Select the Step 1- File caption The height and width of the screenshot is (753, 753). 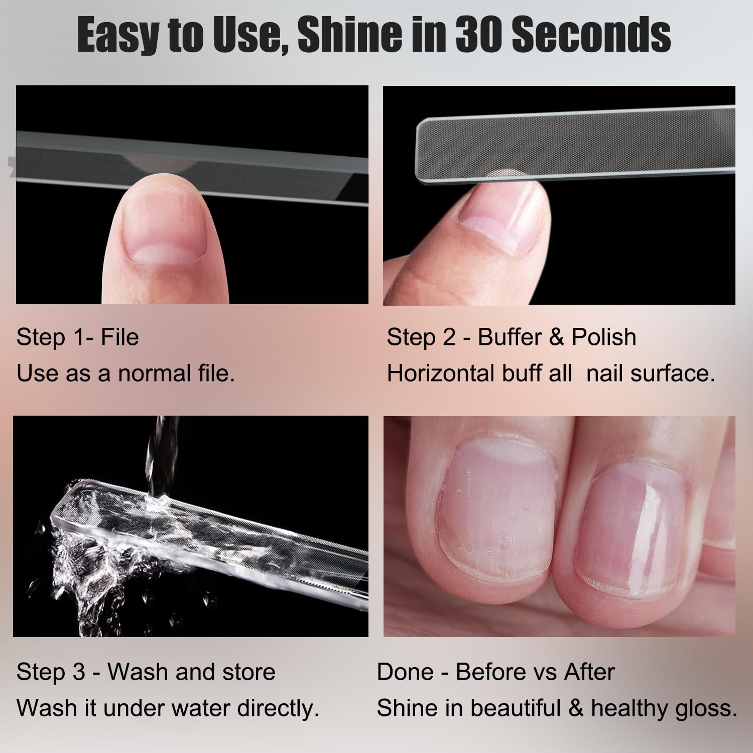tap(77, 337)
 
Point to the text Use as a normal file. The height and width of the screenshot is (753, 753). tap(125, 373)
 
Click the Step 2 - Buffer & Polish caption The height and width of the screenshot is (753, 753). tap(511, 337)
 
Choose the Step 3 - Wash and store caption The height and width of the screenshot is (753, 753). tap(146, 672)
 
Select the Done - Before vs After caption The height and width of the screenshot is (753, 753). tap(495, 672)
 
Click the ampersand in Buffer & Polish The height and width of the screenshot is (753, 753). tap(556, 337)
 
